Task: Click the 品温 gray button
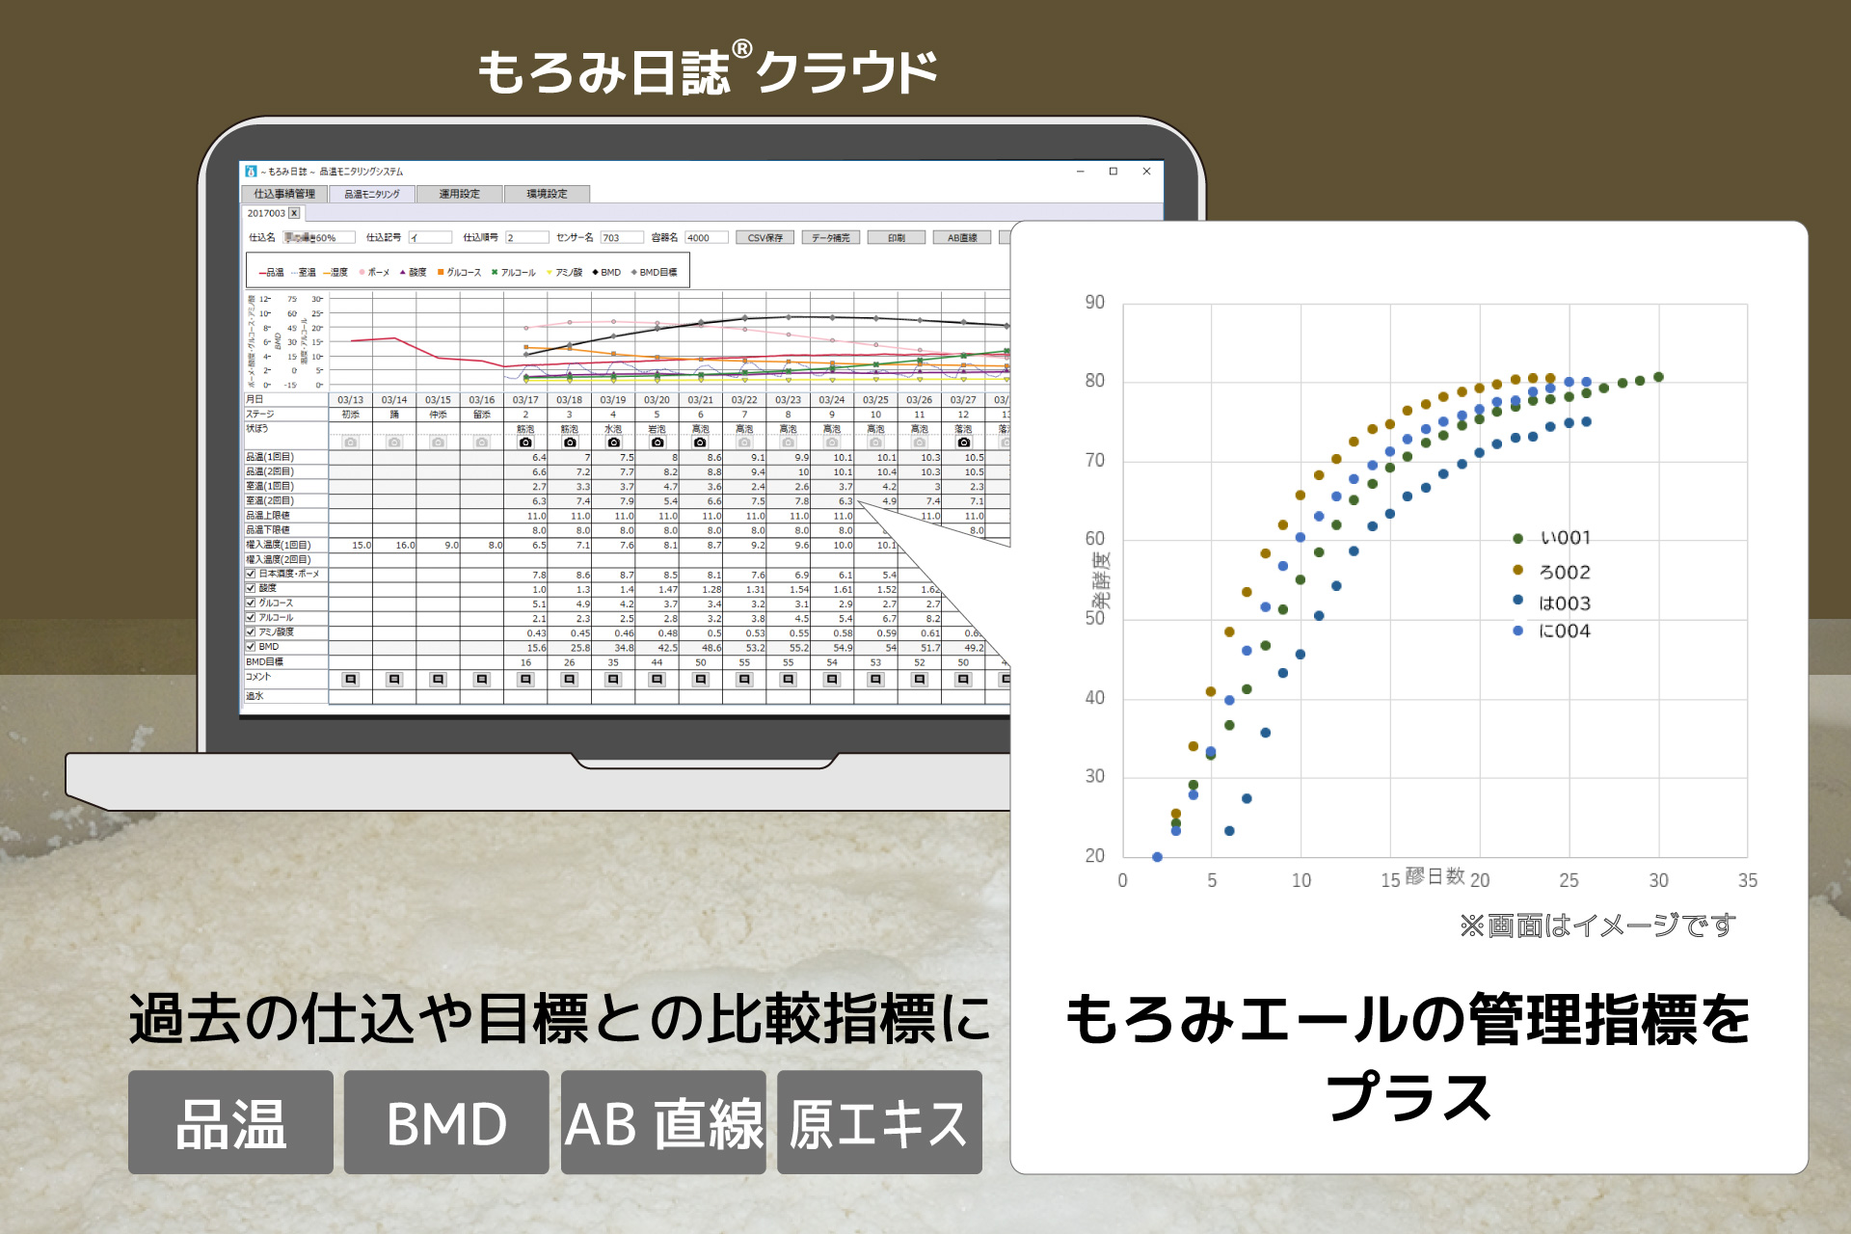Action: tap(230, 1123)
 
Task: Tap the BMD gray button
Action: tap(446, 1123)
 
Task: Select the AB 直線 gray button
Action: tap(663, 1123)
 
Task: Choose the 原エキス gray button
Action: tap(879, 1123)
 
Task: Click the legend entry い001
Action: tap(1564, 538)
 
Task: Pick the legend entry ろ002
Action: tap(1564, 572)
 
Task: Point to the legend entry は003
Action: tap(1564, 604)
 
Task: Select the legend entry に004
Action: tap(1564, 631)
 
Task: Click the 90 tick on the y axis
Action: tap(1094, 303)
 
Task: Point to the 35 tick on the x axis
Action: tap(1747, 880)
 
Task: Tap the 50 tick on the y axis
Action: tap(1094, 618)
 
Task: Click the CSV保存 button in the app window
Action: tap(765, 237)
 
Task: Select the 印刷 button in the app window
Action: tap(896, 237)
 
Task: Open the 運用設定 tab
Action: tap(459, 194)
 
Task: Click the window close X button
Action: tap(1146, 172)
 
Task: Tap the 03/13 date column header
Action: tap(350, 399)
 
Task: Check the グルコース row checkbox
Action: tap(251, 603)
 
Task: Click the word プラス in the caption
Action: tap(1408, 1097)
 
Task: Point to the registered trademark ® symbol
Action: tap(741, 49)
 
